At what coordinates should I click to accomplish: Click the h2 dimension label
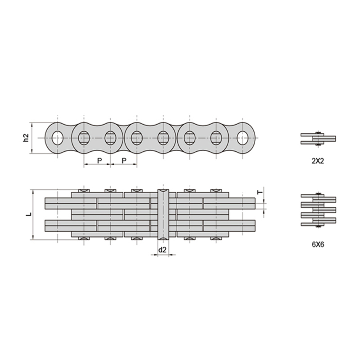click(26, 138)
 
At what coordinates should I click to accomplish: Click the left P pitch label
click(99, 160)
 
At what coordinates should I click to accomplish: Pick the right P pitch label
click(124, 160)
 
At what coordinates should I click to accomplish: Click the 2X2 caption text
click(318, 160)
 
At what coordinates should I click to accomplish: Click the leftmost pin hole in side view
click(57, 138)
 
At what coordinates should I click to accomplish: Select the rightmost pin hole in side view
click(243, 138)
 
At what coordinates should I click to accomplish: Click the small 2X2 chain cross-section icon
click(318, 138)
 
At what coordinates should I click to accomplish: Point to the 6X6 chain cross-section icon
click(318, 210)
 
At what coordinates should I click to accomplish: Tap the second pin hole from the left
click(84, 138)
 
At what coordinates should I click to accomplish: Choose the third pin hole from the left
click(110, 138)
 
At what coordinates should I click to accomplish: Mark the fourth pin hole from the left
click(137, 138)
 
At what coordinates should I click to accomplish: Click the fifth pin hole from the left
click(163, 138)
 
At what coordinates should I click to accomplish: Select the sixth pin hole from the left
click(190, 138)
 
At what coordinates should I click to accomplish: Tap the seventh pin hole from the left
click(216, 138)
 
